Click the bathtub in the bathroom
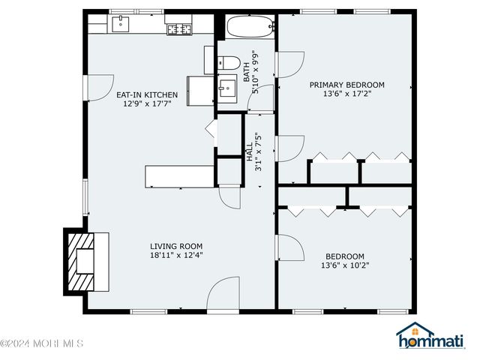246,29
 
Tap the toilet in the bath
228,64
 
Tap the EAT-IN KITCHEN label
147,94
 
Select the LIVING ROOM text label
176,246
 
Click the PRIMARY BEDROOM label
347,85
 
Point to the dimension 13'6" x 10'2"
345,265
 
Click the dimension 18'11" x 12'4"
176,255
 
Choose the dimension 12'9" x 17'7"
147,103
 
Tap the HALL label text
250,152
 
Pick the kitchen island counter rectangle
179,176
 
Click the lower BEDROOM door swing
289,247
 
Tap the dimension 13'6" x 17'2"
347,94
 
